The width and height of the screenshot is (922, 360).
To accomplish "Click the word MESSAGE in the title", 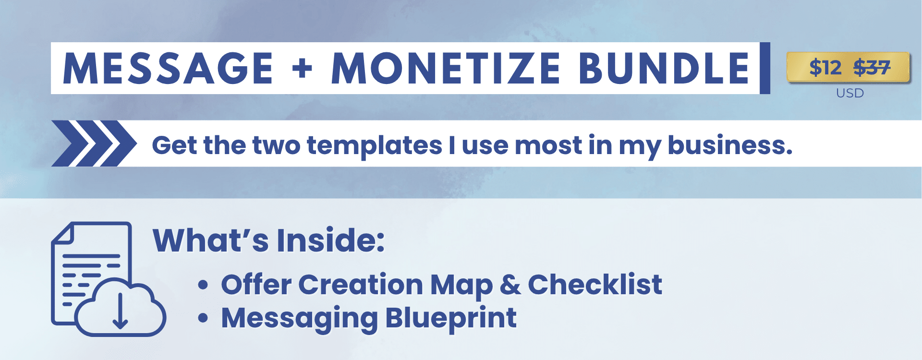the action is pyautogui.click(x=168, y=68).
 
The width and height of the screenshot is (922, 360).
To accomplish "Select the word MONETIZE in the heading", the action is pyautogui.click(x=446, y=68).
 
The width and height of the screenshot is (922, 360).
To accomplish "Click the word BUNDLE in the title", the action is pyautogui.click(x=664, y=68).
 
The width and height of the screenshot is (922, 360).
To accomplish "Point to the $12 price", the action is pyautogui.click(x=825, y=67).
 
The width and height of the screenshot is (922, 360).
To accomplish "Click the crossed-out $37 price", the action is pyautogui.click(x=872, y=67).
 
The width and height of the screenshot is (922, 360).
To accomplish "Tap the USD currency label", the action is pyautogui.click(x=850, y=93).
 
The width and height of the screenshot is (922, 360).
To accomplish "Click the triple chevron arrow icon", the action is pyautogui.click(x=94, y=144).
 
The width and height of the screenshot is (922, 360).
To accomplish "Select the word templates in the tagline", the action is pyautogui.click(x=375, y=145).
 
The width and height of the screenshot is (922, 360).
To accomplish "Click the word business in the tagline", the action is pyautogui.click(x=730, y=145).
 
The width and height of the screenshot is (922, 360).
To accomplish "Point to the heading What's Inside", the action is pyautogui.click(x=268, y=240).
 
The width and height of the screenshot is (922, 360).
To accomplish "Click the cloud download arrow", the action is pyautogui.click(x=120, y=310).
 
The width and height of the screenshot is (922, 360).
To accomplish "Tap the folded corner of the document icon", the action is pyautogui.click(x=62, y=233).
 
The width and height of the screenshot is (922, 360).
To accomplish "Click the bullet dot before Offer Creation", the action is pyautogui.click(x=203, y=285).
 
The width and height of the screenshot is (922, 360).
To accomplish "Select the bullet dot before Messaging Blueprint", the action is pyautogui.click(x=203, y=318).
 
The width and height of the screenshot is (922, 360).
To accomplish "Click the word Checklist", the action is pyautogui.click(x=595, y=284).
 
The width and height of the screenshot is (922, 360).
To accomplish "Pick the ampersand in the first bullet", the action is pyautogui.click(x=510, y=285).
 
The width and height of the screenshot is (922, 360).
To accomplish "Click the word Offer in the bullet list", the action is pyautogui.click(x=256, y=284).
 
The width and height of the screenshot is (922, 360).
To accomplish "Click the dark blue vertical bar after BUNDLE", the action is pyautogui.click(x=765, y=68).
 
